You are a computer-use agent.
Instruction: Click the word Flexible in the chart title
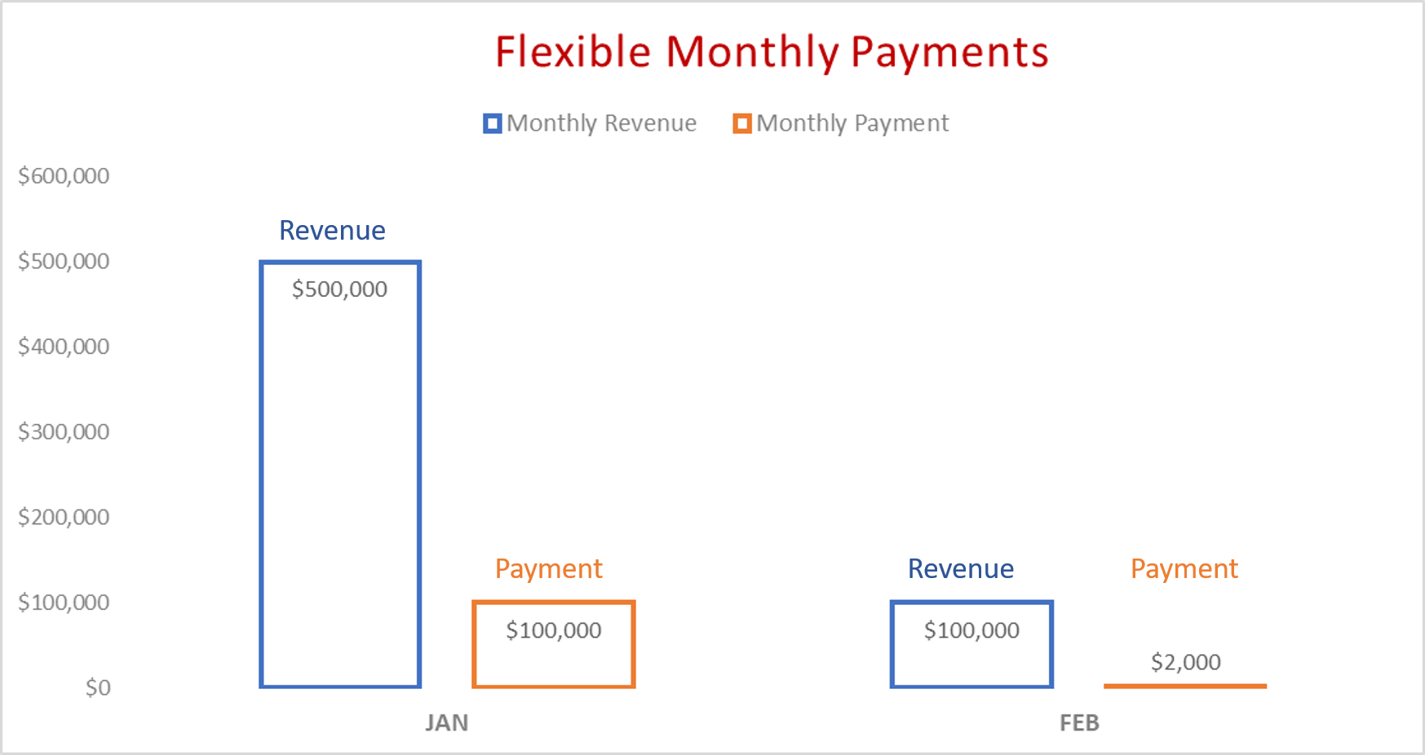(573, 52)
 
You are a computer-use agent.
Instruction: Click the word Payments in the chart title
(949, 52)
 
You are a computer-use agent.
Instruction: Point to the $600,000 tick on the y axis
(64, 175)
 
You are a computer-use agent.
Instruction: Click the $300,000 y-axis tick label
(64, 431)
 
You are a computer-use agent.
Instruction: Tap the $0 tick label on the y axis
(98, 687)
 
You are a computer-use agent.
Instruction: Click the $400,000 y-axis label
(64, 347)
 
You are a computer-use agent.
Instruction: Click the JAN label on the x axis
(446, 722)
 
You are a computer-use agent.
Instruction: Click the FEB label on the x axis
(1079, 722)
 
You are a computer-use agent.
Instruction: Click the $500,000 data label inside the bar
(339, 289)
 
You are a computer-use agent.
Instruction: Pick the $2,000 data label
(1185, 661)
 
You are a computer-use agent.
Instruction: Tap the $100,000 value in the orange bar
(553, 629)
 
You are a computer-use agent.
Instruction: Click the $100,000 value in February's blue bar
(971, 629)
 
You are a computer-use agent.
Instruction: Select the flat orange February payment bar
(1185, 686)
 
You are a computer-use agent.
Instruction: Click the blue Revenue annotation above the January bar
(332, 230)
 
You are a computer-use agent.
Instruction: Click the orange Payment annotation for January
(548, 568)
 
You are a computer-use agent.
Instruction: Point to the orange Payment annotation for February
(1184, 568)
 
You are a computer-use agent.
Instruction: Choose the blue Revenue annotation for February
(961, 568)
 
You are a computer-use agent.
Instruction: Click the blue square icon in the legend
(492, 123)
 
